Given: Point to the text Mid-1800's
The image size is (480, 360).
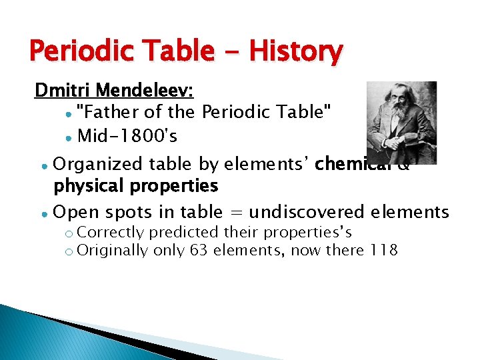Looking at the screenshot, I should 127,137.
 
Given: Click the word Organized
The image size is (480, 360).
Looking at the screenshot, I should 97,164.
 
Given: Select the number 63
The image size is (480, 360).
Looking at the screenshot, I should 198,251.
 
